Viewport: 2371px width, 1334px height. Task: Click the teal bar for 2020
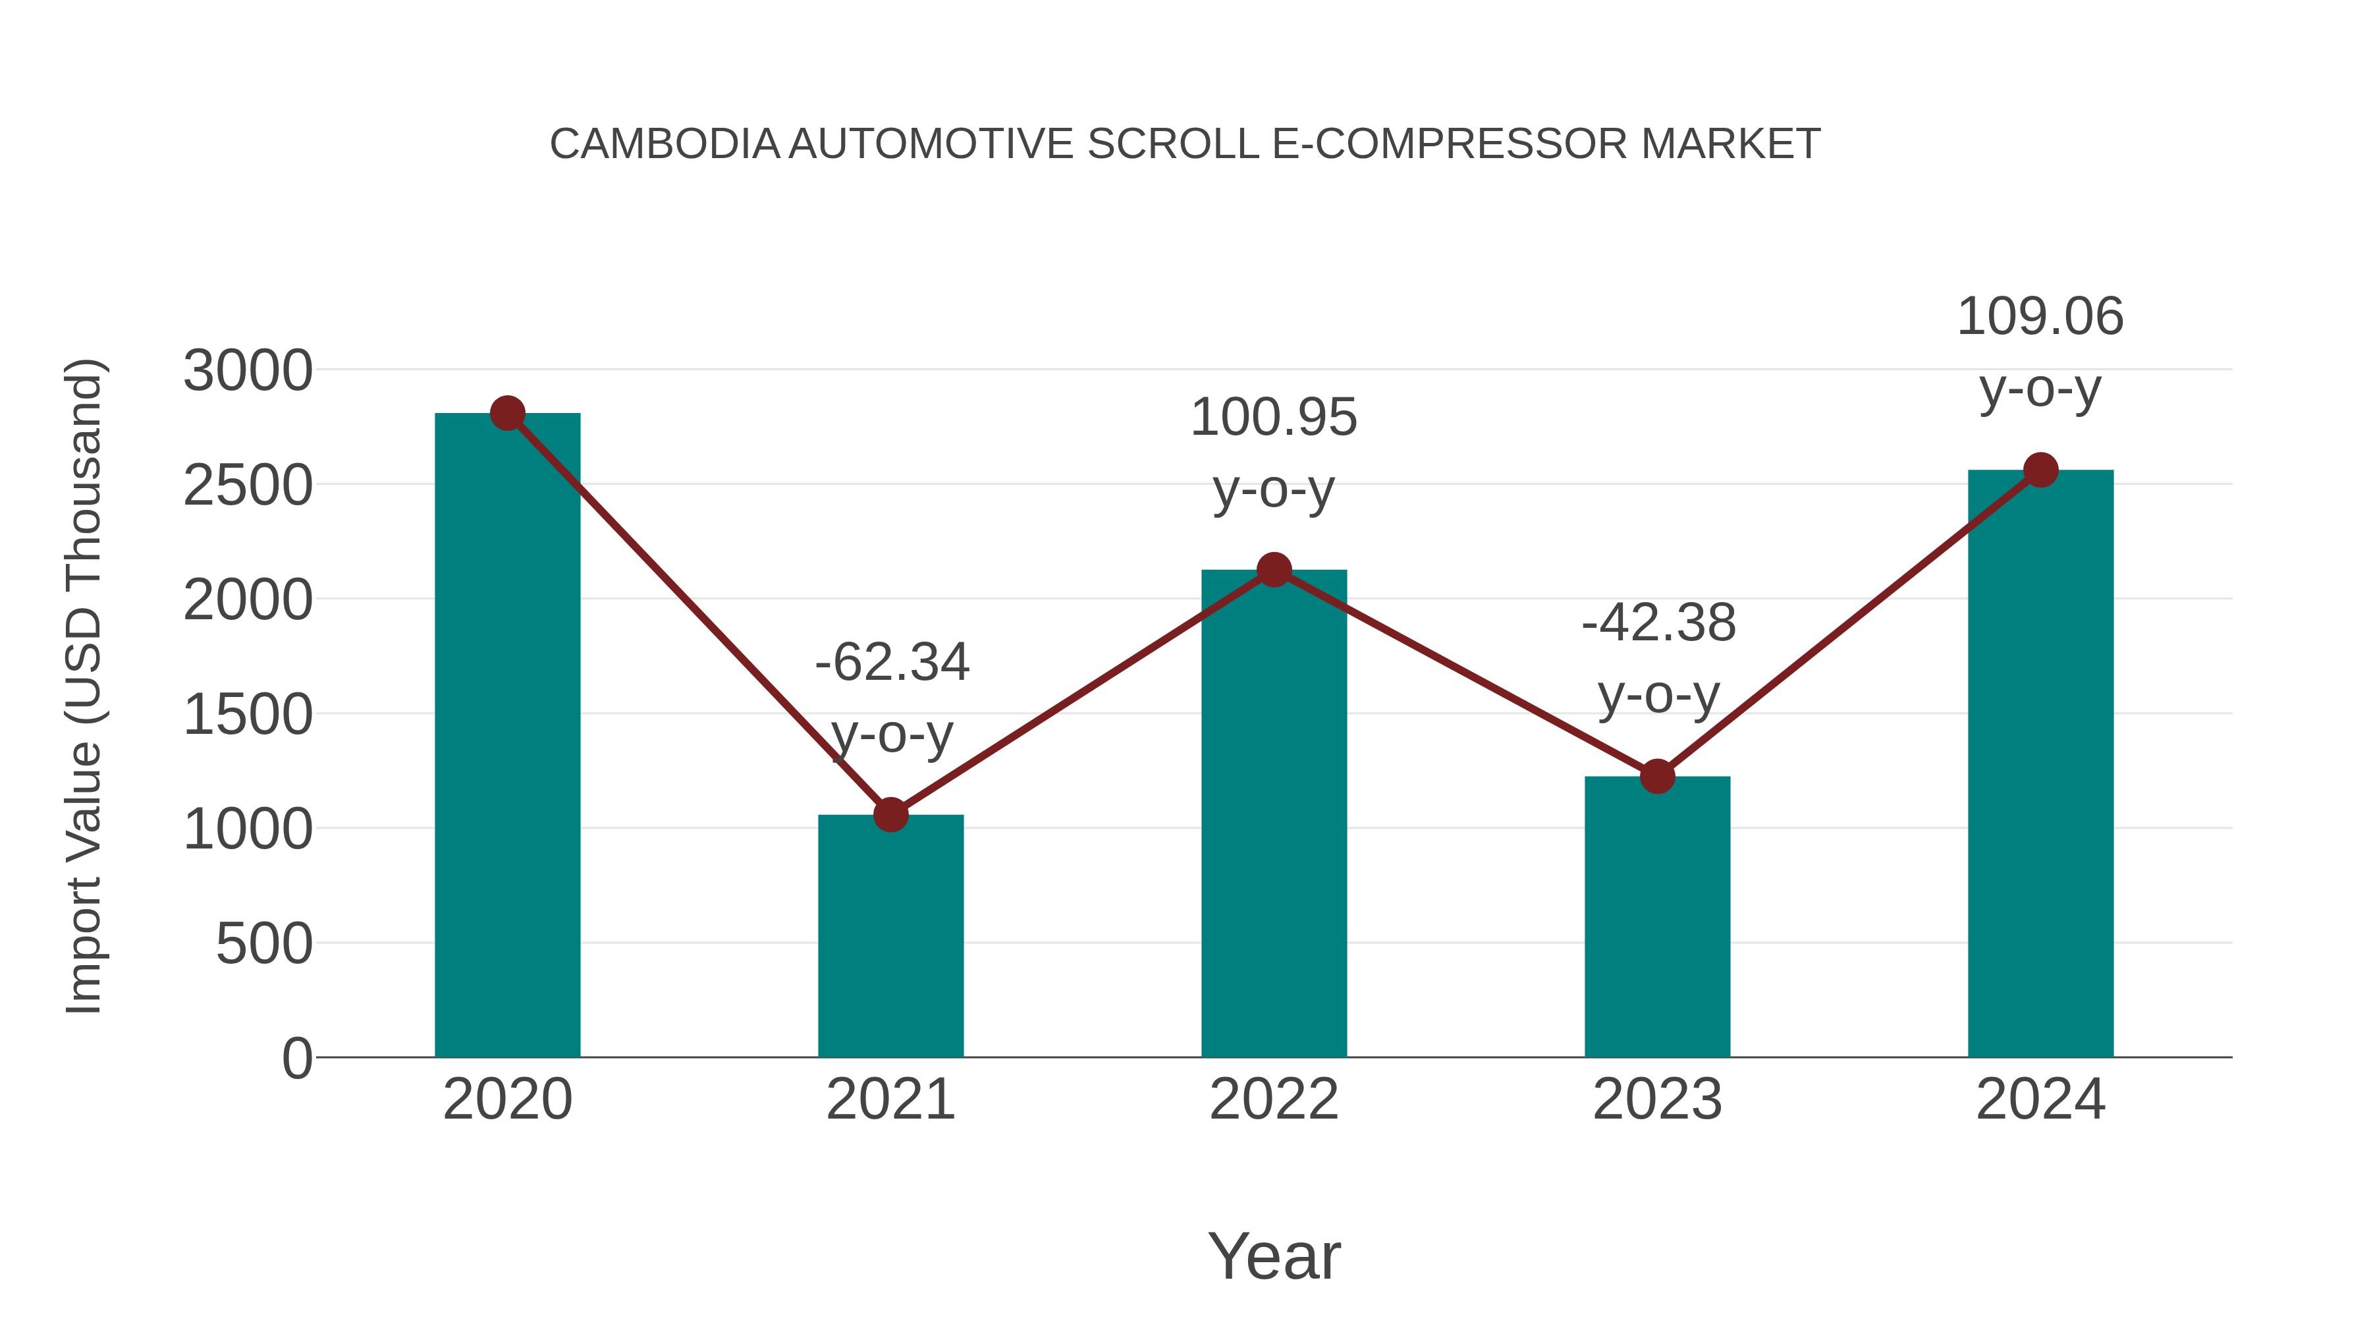point(507,736)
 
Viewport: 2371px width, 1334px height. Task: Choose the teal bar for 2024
point(2040,764)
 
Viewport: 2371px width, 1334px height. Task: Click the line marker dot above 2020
point(507,413)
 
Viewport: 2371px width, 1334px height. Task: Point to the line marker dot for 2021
point(890,815)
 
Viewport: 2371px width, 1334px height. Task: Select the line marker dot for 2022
point(1274,570)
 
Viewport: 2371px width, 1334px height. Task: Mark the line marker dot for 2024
point(2040,470)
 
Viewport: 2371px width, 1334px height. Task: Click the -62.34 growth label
point(892,663)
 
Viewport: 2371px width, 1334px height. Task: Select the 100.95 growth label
point(1274,418)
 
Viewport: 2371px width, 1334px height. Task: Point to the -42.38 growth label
point(1658,623)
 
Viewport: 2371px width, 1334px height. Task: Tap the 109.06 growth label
point(2040,317)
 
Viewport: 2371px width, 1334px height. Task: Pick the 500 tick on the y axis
point(264,945)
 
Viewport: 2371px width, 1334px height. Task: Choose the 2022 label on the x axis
point(1274,1099)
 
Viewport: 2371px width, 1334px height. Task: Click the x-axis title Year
point(1274,1256)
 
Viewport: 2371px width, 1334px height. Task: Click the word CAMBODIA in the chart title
point(665,144)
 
